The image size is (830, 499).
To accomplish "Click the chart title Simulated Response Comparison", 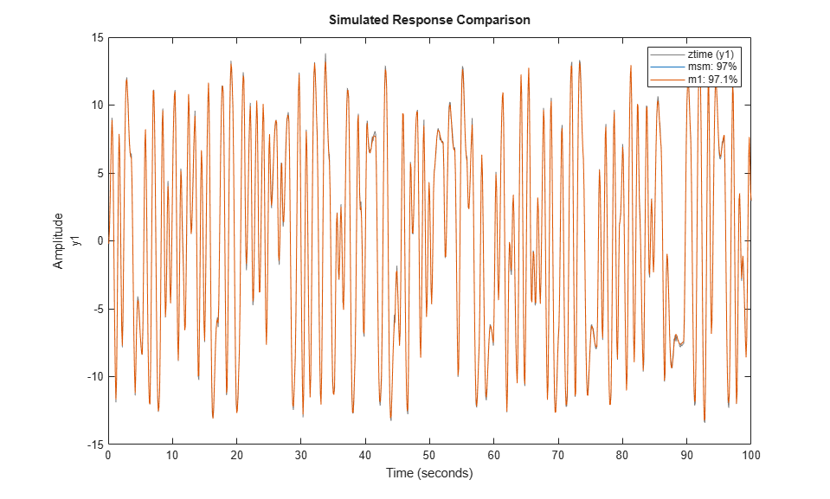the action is [429, 20].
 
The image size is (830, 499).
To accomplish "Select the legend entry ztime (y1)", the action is [711, 54].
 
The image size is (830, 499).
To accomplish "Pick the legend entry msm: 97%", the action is [712, 67].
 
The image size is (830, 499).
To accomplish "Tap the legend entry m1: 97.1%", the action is [712, 80].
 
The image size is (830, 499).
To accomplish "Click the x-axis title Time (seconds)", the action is [429, 472].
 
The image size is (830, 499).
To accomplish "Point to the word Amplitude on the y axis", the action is [58, 240].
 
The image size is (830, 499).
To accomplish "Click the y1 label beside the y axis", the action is [77, 240].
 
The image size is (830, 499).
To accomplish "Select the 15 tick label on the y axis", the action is [97, 37].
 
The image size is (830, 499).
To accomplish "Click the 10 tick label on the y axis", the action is [97, 106].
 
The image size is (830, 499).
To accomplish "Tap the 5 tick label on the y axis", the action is [100, 173].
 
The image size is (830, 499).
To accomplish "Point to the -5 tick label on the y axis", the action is [98, 309].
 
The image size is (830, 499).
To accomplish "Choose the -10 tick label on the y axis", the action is [95, 377].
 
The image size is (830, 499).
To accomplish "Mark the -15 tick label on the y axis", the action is [95, 445].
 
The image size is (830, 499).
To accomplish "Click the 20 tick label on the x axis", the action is [236, 455].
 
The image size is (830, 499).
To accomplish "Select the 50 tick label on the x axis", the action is [429, 455].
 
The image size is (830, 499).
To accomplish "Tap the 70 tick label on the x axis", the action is [558, 455].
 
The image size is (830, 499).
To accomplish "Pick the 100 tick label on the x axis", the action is [750, 455].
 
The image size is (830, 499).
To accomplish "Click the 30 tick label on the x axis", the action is [300, 455].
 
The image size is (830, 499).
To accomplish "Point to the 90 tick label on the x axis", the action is [686, 455].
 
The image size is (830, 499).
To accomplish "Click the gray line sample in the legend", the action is [667, 54].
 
